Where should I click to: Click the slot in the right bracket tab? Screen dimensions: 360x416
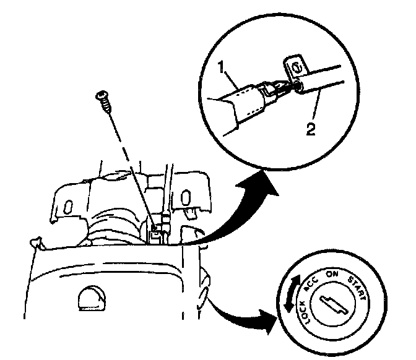click(x=186, y=198)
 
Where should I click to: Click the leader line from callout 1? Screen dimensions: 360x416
click(x=232, y=77)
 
